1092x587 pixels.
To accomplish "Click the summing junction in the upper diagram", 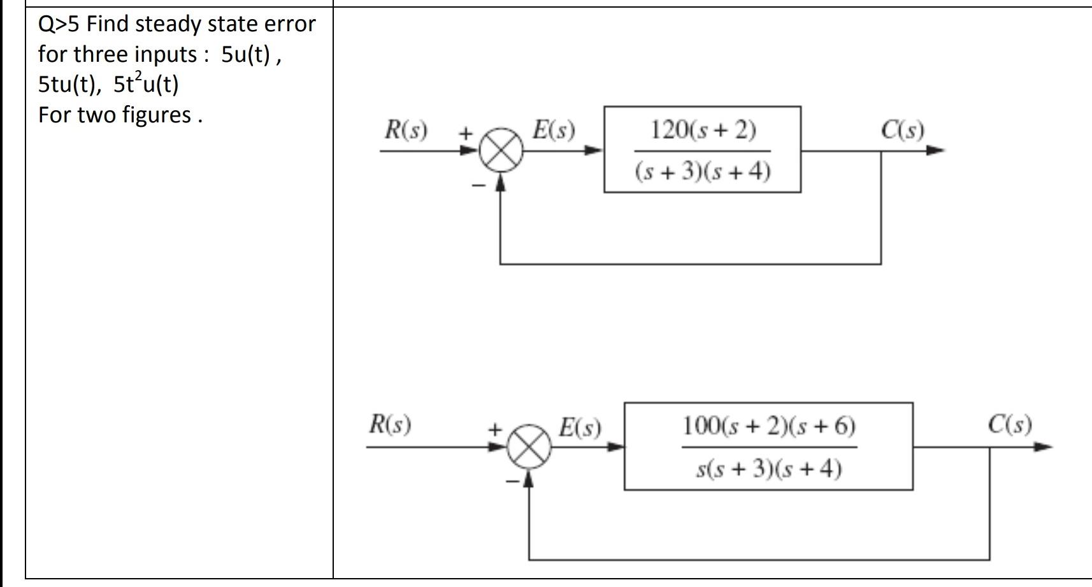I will click(501, 152).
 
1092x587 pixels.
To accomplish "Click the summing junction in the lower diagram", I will click(529, 447).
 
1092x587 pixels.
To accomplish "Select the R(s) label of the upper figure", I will click(406, 130).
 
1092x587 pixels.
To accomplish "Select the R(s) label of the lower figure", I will click(390, 424).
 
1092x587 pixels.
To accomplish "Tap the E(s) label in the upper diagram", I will click(554, 130).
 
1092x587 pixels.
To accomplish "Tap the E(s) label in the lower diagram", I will click(580, 427).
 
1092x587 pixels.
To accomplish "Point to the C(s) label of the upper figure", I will click(902, 130).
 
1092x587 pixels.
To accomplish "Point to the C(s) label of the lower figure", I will click(1010, 424).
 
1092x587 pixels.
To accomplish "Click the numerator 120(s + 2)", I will click(703, 130).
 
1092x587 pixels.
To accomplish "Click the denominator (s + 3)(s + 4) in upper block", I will click(703, 171).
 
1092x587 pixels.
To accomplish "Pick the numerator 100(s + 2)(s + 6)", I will click(769, 425).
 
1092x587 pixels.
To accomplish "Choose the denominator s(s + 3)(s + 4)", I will click(769, 468).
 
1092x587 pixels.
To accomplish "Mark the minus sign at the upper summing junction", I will click(478, 185).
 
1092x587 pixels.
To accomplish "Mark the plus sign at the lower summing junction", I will click(494, 430).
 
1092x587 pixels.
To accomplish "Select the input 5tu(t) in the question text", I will click(68, 84).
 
